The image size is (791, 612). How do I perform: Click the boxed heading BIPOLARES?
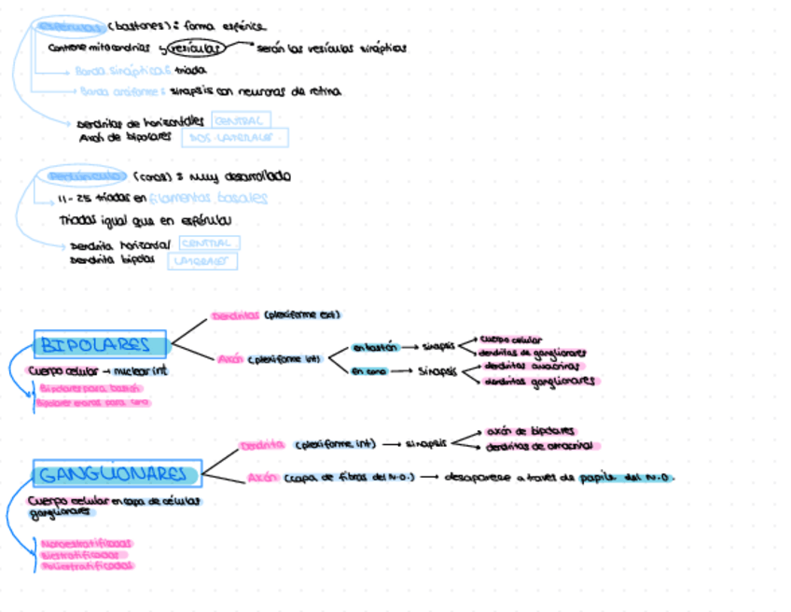(100, 345)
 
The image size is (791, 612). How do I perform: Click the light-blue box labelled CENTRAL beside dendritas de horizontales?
(241, 120)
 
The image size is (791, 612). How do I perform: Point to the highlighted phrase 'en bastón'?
(375, 347)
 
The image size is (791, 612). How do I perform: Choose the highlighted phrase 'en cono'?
(369, 371)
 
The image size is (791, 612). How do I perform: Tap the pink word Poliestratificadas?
(86, 565)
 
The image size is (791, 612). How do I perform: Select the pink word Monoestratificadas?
(86, 543)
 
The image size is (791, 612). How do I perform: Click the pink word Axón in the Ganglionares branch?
(262, 478)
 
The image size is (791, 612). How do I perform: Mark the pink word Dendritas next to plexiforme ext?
(235, 316)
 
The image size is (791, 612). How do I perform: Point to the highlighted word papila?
(593, 478)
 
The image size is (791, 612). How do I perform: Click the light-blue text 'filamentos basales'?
(208, 198)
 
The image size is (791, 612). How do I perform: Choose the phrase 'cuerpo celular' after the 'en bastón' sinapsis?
(511, 341)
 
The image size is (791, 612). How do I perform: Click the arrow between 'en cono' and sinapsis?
(403, 371)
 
